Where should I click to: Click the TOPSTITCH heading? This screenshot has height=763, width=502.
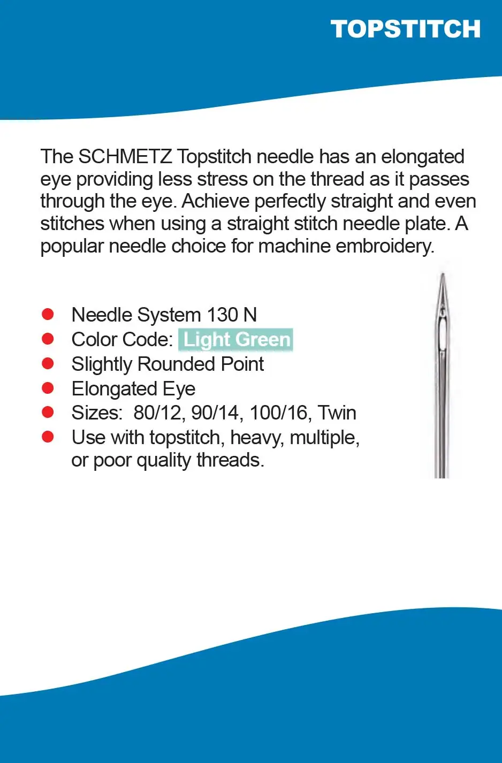point(405,29)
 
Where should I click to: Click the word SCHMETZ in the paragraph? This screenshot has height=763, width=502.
point(125,157)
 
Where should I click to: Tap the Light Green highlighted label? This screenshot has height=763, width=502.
point(236,340)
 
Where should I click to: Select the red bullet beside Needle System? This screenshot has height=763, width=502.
point(48,314)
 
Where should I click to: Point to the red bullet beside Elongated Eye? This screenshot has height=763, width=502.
point(48,388)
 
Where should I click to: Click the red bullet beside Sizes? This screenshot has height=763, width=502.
point(48,412)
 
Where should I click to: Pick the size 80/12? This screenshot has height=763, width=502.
point(158,413)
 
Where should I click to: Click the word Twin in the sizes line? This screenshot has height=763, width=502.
point(337,413)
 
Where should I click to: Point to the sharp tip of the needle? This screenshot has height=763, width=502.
point(442,276)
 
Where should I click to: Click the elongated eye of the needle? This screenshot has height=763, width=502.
point(442,334)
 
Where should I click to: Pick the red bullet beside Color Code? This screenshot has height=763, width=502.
point(48,339)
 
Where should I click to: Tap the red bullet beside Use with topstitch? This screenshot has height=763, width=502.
point(48,437)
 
